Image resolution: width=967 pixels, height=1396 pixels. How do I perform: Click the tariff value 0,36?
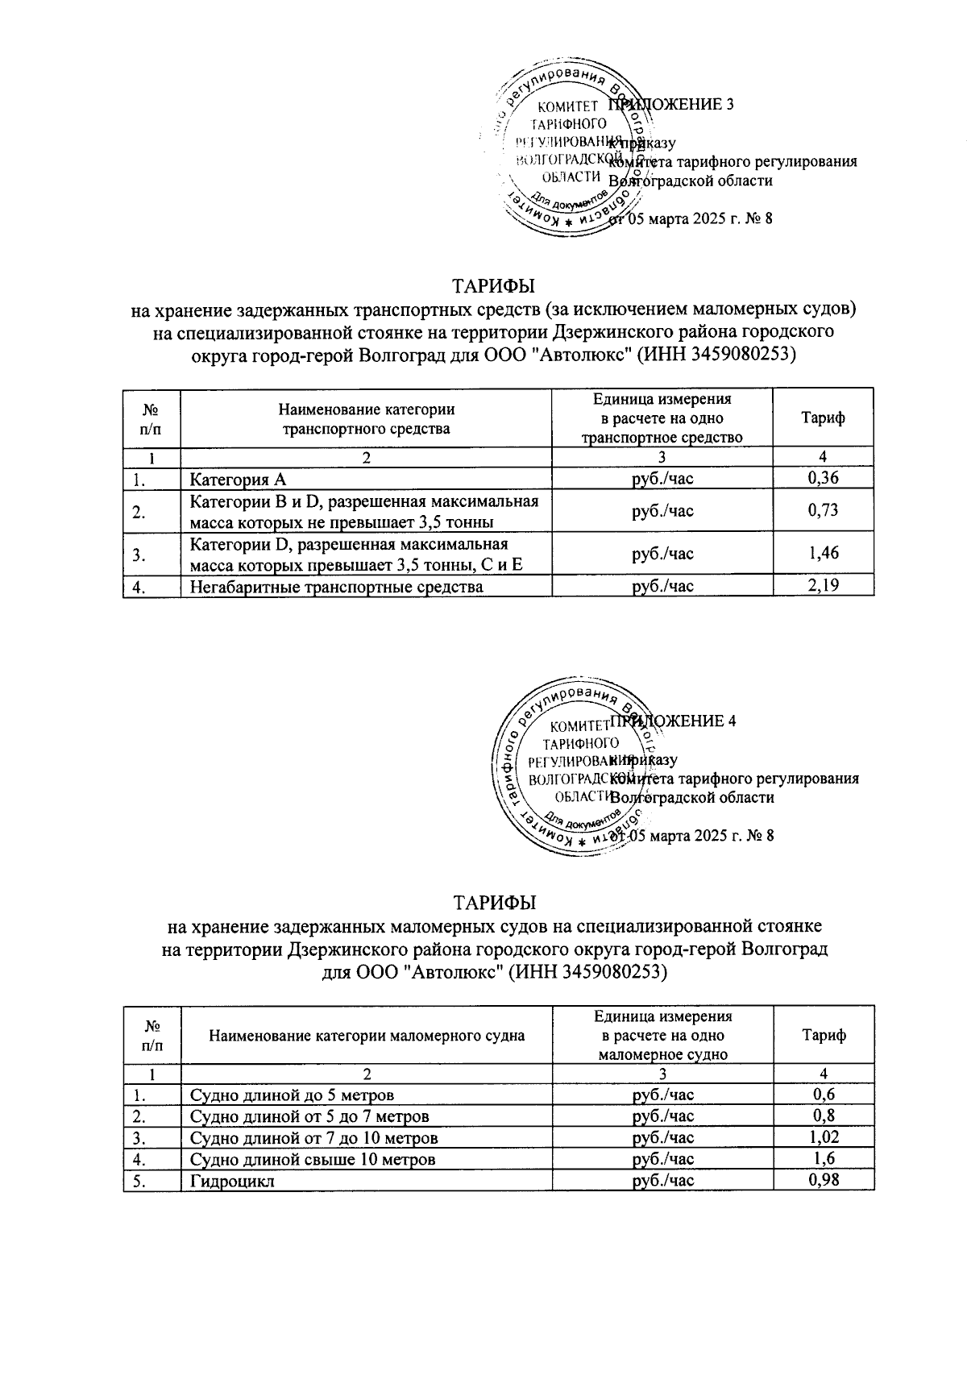coord(823,479)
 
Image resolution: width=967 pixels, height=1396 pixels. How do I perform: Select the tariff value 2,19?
coord(823,586)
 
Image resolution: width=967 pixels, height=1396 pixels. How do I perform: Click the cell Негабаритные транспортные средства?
coord(336,587)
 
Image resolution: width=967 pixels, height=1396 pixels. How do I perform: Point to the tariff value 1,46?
coord(823,553)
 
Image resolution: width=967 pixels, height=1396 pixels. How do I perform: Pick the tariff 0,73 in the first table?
coord(823,510)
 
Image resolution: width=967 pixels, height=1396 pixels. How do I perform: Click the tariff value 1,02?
coord(823,1138)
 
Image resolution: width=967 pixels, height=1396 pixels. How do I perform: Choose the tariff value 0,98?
coord(823,1181)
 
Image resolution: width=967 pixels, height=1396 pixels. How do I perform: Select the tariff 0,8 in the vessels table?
coord(823,1116)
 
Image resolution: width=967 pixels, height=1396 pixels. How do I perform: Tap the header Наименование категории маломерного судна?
coord(367,1036)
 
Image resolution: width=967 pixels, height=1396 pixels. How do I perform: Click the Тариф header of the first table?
coord(823,418)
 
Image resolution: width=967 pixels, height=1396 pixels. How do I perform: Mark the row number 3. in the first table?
coord(139,554)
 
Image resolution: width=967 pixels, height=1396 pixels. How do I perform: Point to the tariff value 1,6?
coord(823,1159)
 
